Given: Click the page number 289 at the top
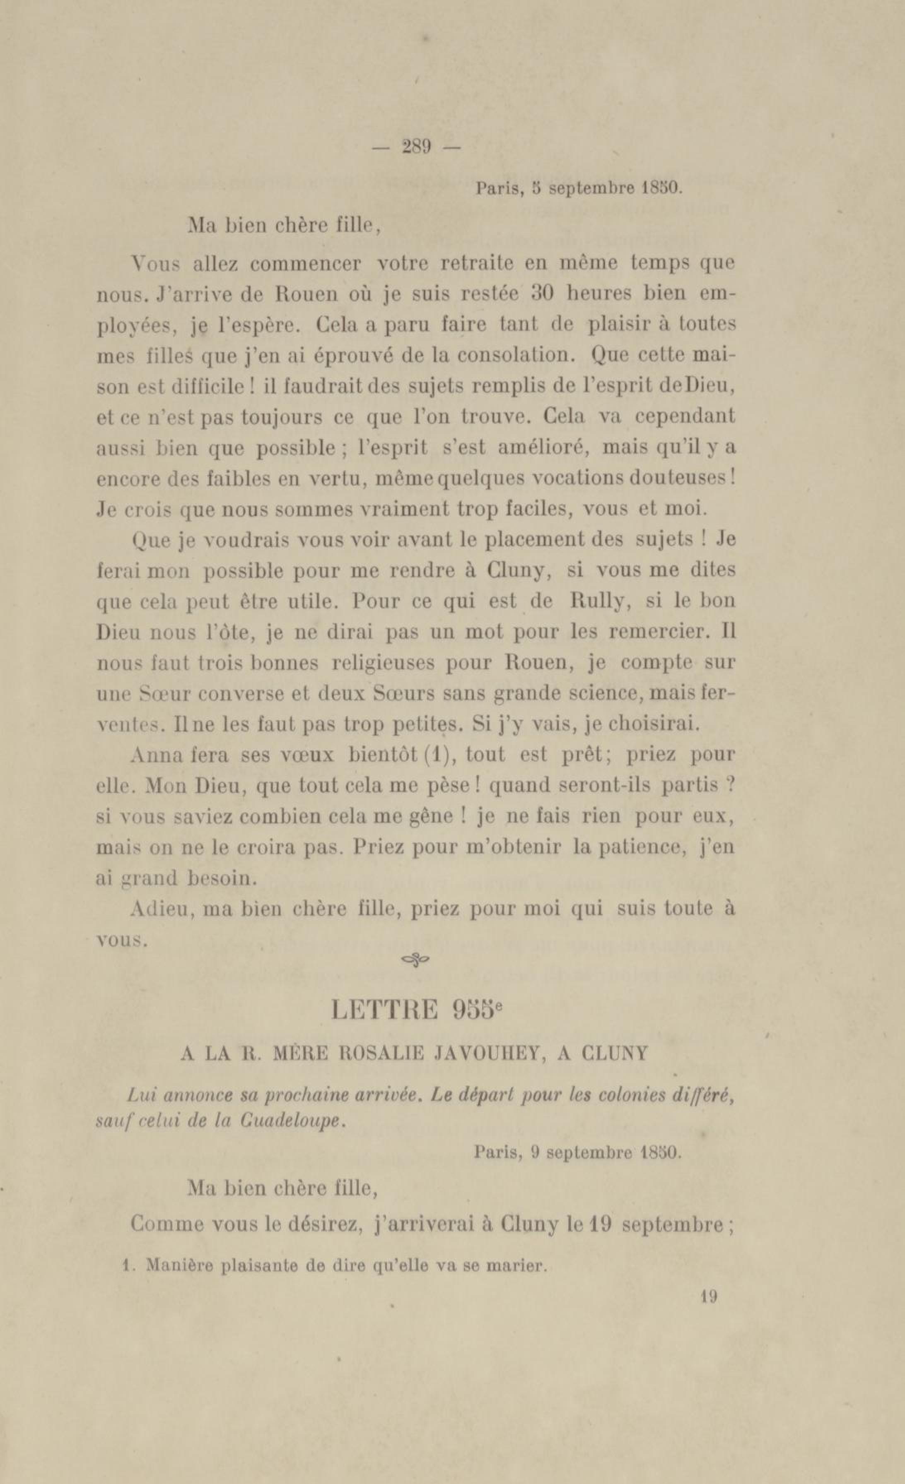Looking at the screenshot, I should (x=416, y=147).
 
